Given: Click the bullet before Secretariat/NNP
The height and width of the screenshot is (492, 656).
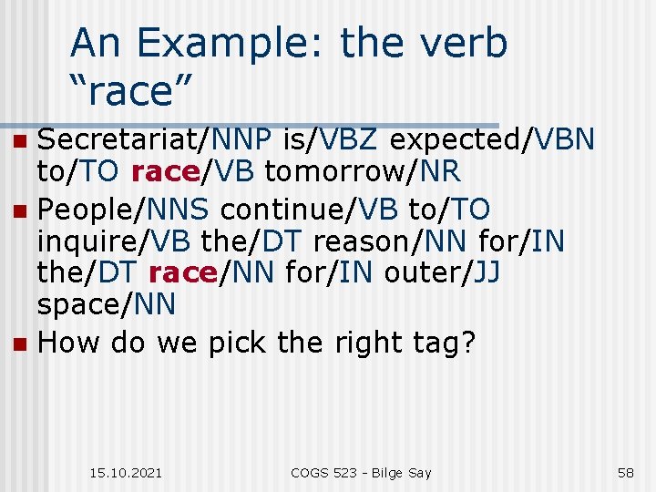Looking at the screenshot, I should click(x=21, y=141).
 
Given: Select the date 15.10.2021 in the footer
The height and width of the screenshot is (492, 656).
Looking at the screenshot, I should click(x=127, y=472).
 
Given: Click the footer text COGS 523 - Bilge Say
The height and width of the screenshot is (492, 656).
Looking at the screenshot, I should click(x=361, y=472).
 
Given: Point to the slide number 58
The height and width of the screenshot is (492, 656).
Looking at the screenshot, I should click(x=625, y=472).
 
